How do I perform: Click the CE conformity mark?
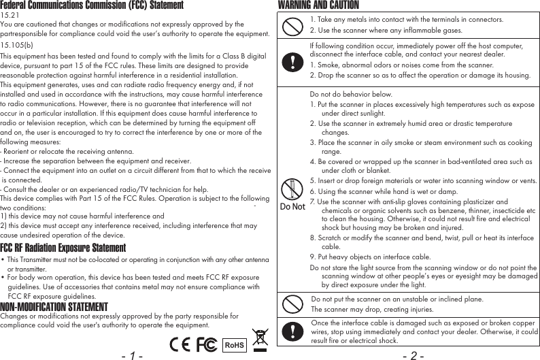[181, 344]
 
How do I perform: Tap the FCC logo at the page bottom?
[207, 344]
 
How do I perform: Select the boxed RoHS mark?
[234, 345]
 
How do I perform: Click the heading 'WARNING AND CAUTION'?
[318, 5]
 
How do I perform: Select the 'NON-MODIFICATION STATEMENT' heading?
[54, 307]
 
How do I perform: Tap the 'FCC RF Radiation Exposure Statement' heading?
[63, 247]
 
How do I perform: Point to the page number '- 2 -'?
[414, 355]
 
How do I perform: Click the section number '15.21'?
[10, 14]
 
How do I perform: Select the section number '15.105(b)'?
[17, 45]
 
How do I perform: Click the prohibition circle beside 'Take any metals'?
[292, 25]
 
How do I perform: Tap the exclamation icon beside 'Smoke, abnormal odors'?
[292, 61]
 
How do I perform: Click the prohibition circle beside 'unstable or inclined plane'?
[292, 304]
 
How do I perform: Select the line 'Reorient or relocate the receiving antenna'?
[67, 151]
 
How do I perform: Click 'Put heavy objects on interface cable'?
[370, 257]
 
